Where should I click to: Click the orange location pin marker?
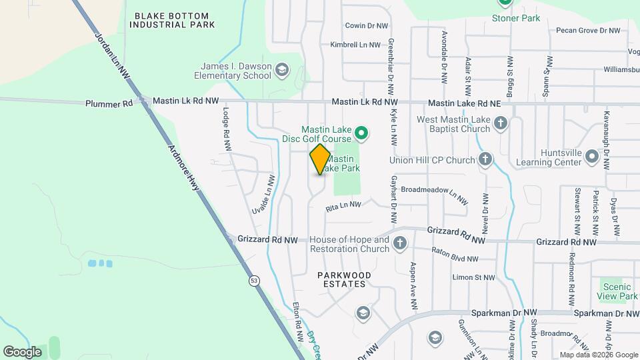point(320,159)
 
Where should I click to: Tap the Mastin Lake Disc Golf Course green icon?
point(361,134)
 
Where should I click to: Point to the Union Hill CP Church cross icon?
point(485,159)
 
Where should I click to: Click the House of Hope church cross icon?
point(400,242)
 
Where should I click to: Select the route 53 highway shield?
point(254,281)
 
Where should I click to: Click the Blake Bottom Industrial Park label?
point(172,20)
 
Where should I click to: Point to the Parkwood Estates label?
point(341,279)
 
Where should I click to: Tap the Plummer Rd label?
point(109,103)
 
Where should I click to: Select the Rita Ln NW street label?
point(343,207)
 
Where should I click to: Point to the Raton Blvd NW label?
point(455,255)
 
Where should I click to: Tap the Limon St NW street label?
point(473,277)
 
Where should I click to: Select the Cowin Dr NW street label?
point(366,25)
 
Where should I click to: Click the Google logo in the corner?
point(22,351)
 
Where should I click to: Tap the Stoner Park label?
point(515,18)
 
